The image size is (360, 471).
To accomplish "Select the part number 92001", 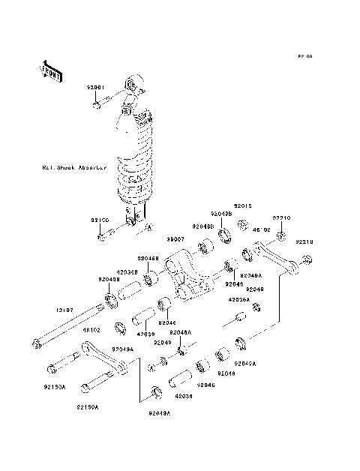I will [x=97, y=88].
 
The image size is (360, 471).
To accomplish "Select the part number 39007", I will [x=175, y=238].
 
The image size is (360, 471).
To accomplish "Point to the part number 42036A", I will [x=238, y=298].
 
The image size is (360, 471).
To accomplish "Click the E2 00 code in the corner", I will [x=304, y=57].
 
